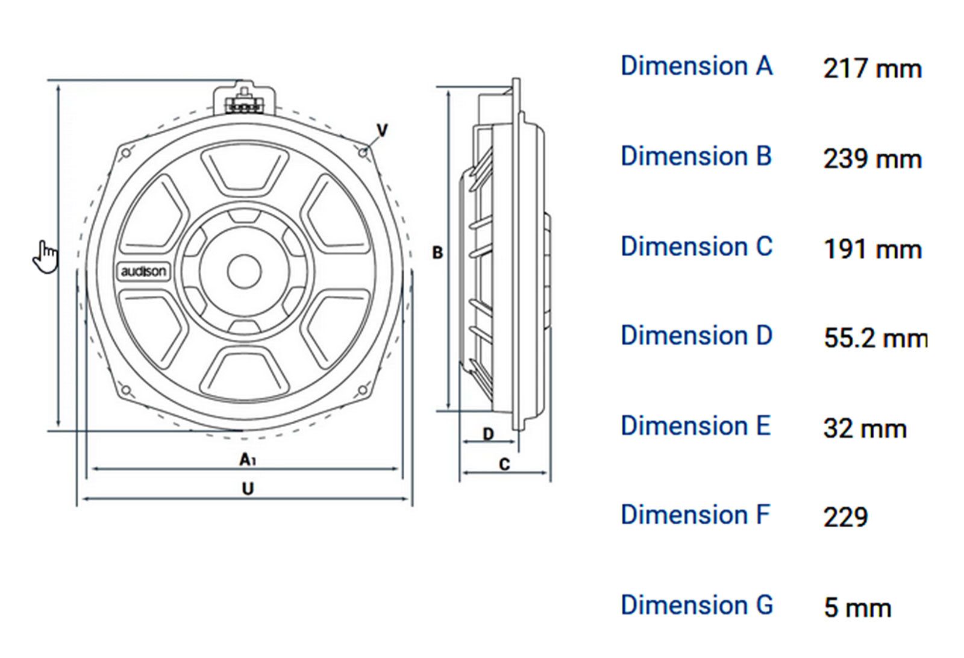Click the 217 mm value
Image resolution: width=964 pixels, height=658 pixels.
[872, 69]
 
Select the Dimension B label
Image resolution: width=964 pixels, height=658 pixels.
[696, 156]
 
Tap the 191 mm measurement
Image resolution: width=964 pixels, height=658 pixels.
[872, 249]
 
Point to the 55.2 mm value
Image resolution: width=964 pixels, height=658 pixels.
[875, 338]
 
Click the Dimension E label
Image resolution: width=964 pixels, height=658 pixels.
[696, 426]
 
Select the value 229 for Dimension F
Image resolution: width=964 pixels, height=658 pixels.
[845, 517]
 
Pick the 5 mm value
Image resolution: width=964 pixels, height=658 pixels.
[857, 607]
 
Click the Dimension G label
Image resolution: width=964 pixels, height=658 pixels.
[696, 605]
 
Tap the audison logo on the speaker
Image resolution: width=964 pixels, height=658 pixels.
[143, 271]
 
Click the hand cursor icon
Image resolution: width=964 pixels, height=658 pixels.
[46, 257]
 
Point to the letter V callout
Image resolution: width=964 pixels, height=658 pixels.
[382, 130]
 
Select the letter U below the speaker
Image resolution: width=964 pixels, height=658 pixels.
[248, 488]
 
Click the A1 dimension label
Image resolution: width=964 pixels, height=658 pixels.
[247, 460]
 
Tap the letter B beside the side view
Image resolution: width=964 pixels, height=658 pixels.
[437, 252]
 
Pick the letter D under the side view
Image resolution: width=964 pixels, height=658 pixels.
[488, 434]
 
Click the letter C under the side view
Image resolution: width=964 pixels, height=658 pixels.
[504, 464]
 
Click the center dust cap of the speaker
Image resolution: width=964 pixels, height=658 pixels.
[244, 271]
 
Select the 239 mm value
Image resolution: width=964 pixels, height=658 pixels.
[872, 159]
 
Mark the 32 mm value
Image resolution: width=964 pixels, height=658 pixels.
[865, 429]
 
